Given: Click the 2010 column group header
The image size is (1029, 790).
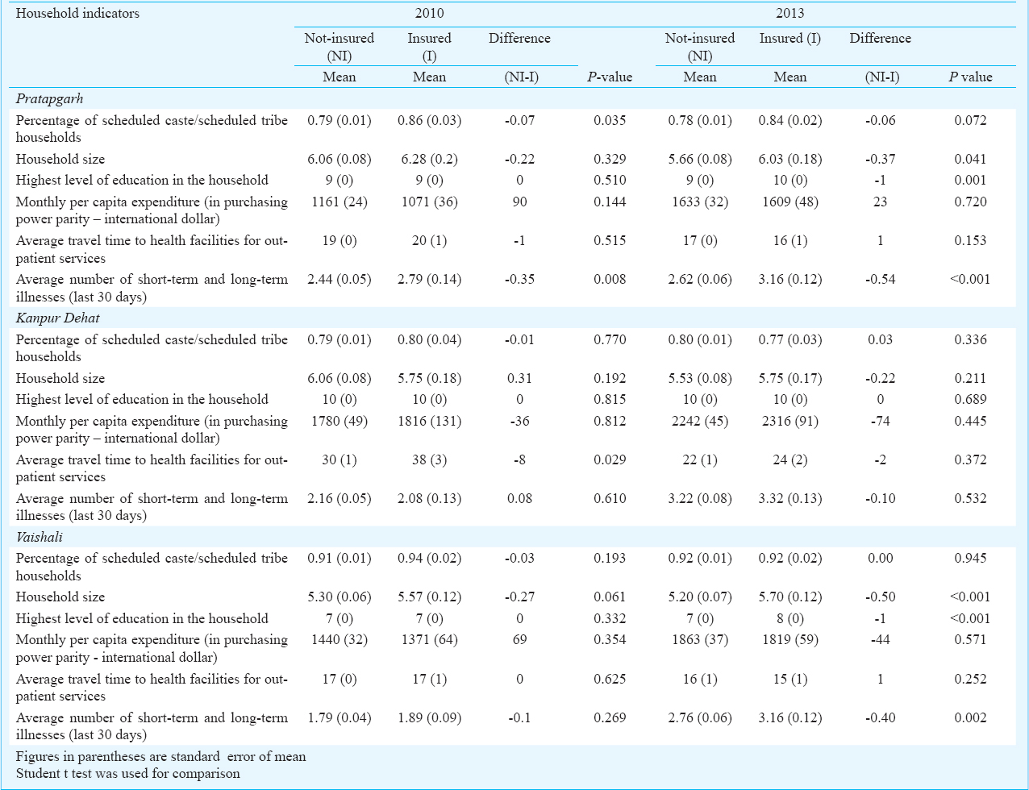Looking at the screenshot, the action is [429, 13].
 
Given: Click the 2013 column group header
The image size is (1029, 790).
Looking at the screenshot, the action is [789, 13].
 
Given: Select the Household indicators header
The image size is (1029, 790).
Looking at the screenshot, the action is [77, 13].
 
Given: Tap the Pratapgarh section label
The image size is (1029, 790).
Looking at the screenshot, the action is [49, 98].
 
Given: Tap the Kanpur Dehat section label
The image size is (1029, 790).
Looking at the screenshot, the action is [57, 318].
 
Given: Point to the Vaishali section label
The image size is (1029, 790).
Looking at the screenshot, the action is [39, 537].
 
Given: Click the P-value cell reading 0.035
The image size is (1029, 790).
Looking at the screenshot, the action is [610, 120].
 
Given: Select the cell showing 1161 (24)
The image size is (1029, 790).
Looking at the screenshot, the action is [339, 202].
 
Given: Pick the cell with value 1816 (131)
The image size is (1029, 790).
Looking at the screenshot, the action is [429, 422].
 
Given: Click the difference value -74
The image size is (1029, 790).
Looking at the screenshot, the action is [880, 422].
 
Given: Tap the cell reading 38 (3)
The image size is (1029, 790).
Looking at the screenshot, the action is [429, 459].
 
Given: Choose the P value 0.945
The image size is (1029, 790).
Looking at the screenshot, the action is [970, 558].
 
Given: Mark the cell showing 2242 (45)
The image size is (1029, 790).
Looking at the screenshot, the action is [699, 422].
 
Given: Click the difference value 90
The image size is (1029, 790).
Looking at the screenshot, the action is [519, 202].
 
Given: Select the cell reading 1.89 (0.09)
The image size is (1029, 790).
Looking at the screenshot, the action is [429, 717].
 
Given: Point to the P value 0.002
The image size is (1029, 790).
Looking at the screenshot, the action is [970, 717].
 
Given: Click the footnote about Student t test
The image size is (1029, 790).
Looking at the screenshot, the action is [128, 773].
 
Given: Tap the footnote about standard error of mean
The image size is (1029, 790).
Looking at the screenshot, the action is [161, 756].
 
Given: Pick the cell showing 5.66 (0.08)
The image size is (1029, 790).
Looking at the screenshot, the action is [699, 159].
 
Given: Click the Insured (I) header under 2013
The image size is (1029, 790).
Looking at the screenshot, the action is [789, 39].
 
